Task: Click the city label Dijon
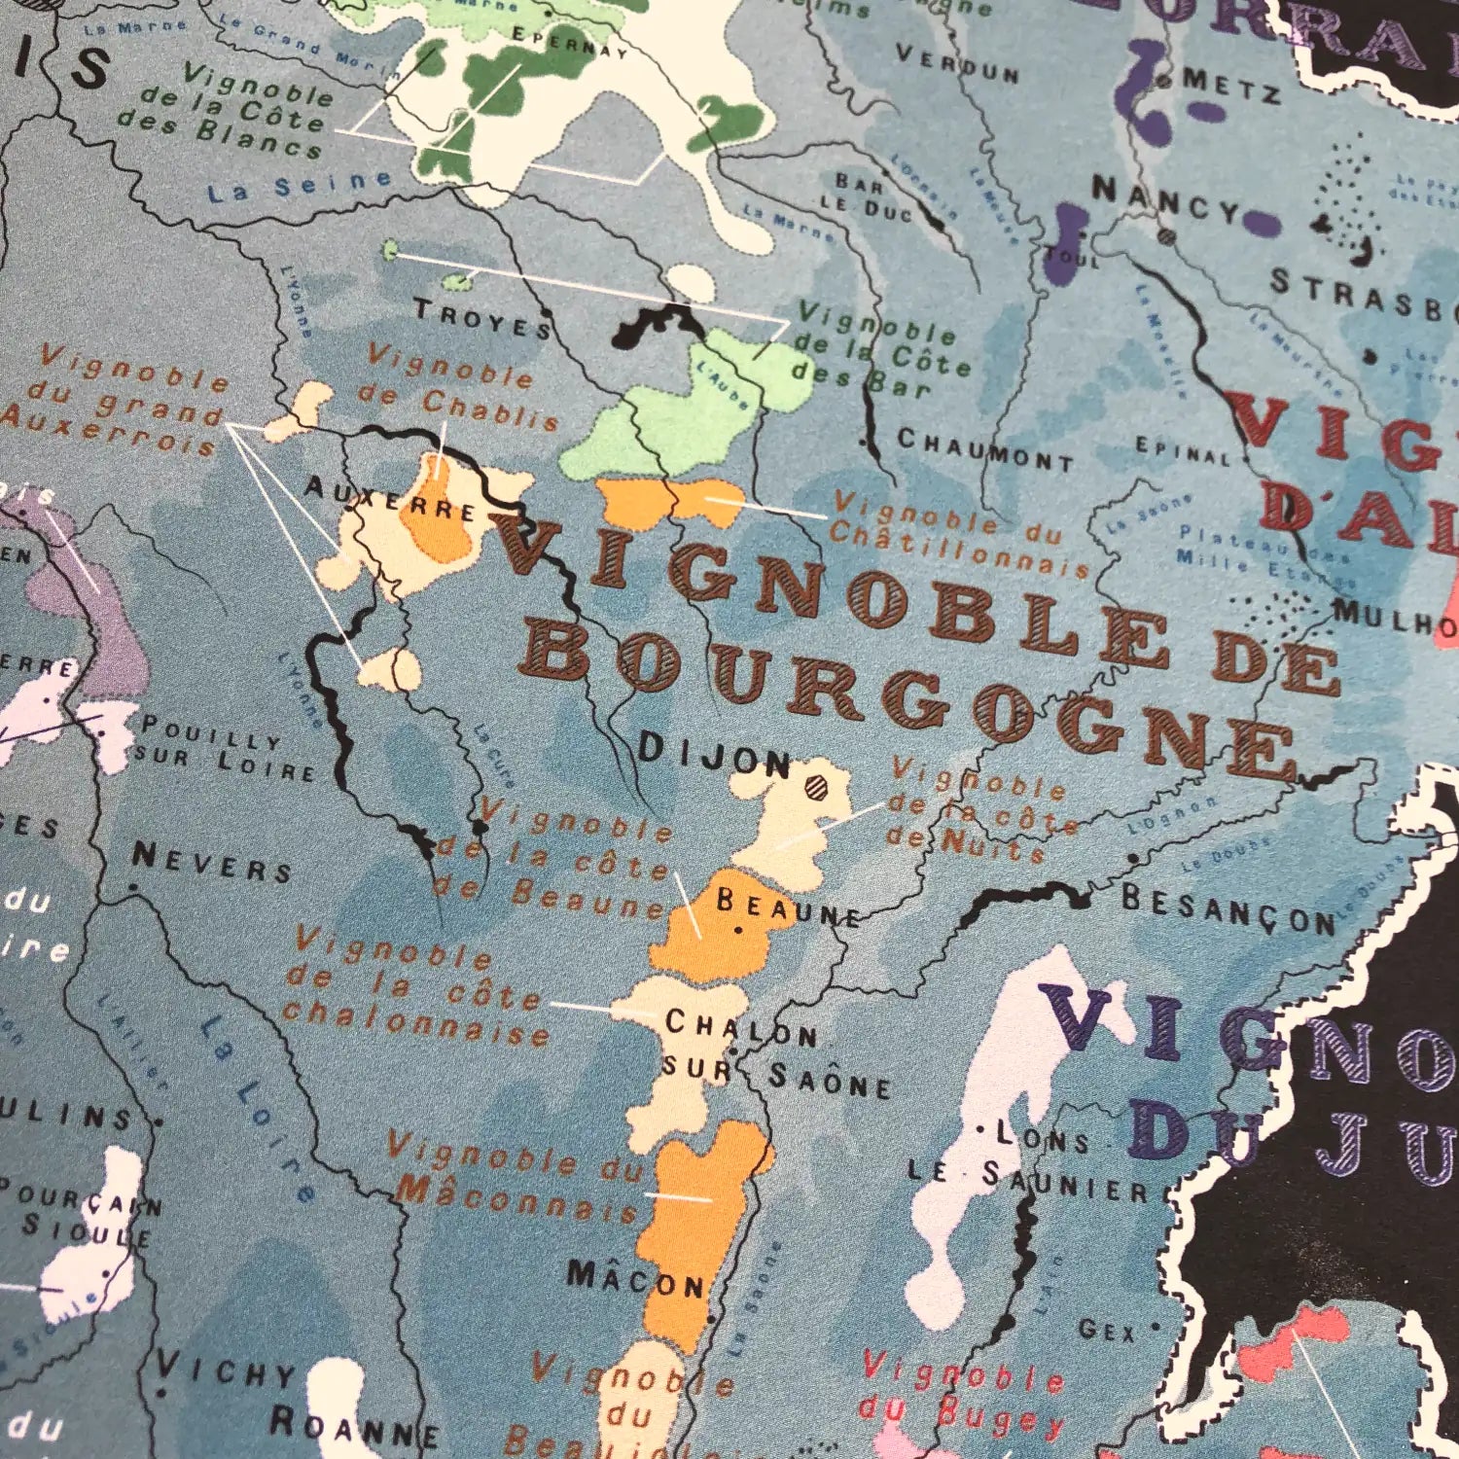click(715, 754)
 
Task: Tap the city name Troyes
click(483, 318)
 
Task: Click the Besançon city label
click(1228, 910)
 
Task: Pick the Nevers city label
click(212, 862)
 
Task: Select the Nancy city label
click(1165, 199)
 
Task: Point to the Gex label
click(1107, 1329)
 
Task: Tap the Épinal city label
click(1184, 451)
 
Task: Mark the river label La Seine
click(300, 185)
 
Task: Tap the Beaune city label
click(788, 908)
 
